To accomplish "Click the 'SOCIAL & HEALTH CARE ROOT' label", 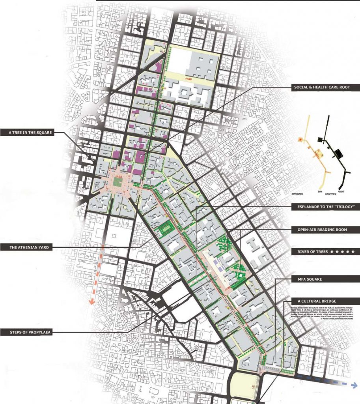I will (321, 87).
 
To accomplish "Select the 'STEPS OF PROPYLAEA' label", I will (29, 332).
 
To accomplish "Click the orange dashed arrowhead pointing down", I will (91, 302).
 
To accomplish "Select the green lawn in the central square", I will (118, 182).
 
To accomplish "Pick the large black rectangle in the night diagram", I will (337, 151).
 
